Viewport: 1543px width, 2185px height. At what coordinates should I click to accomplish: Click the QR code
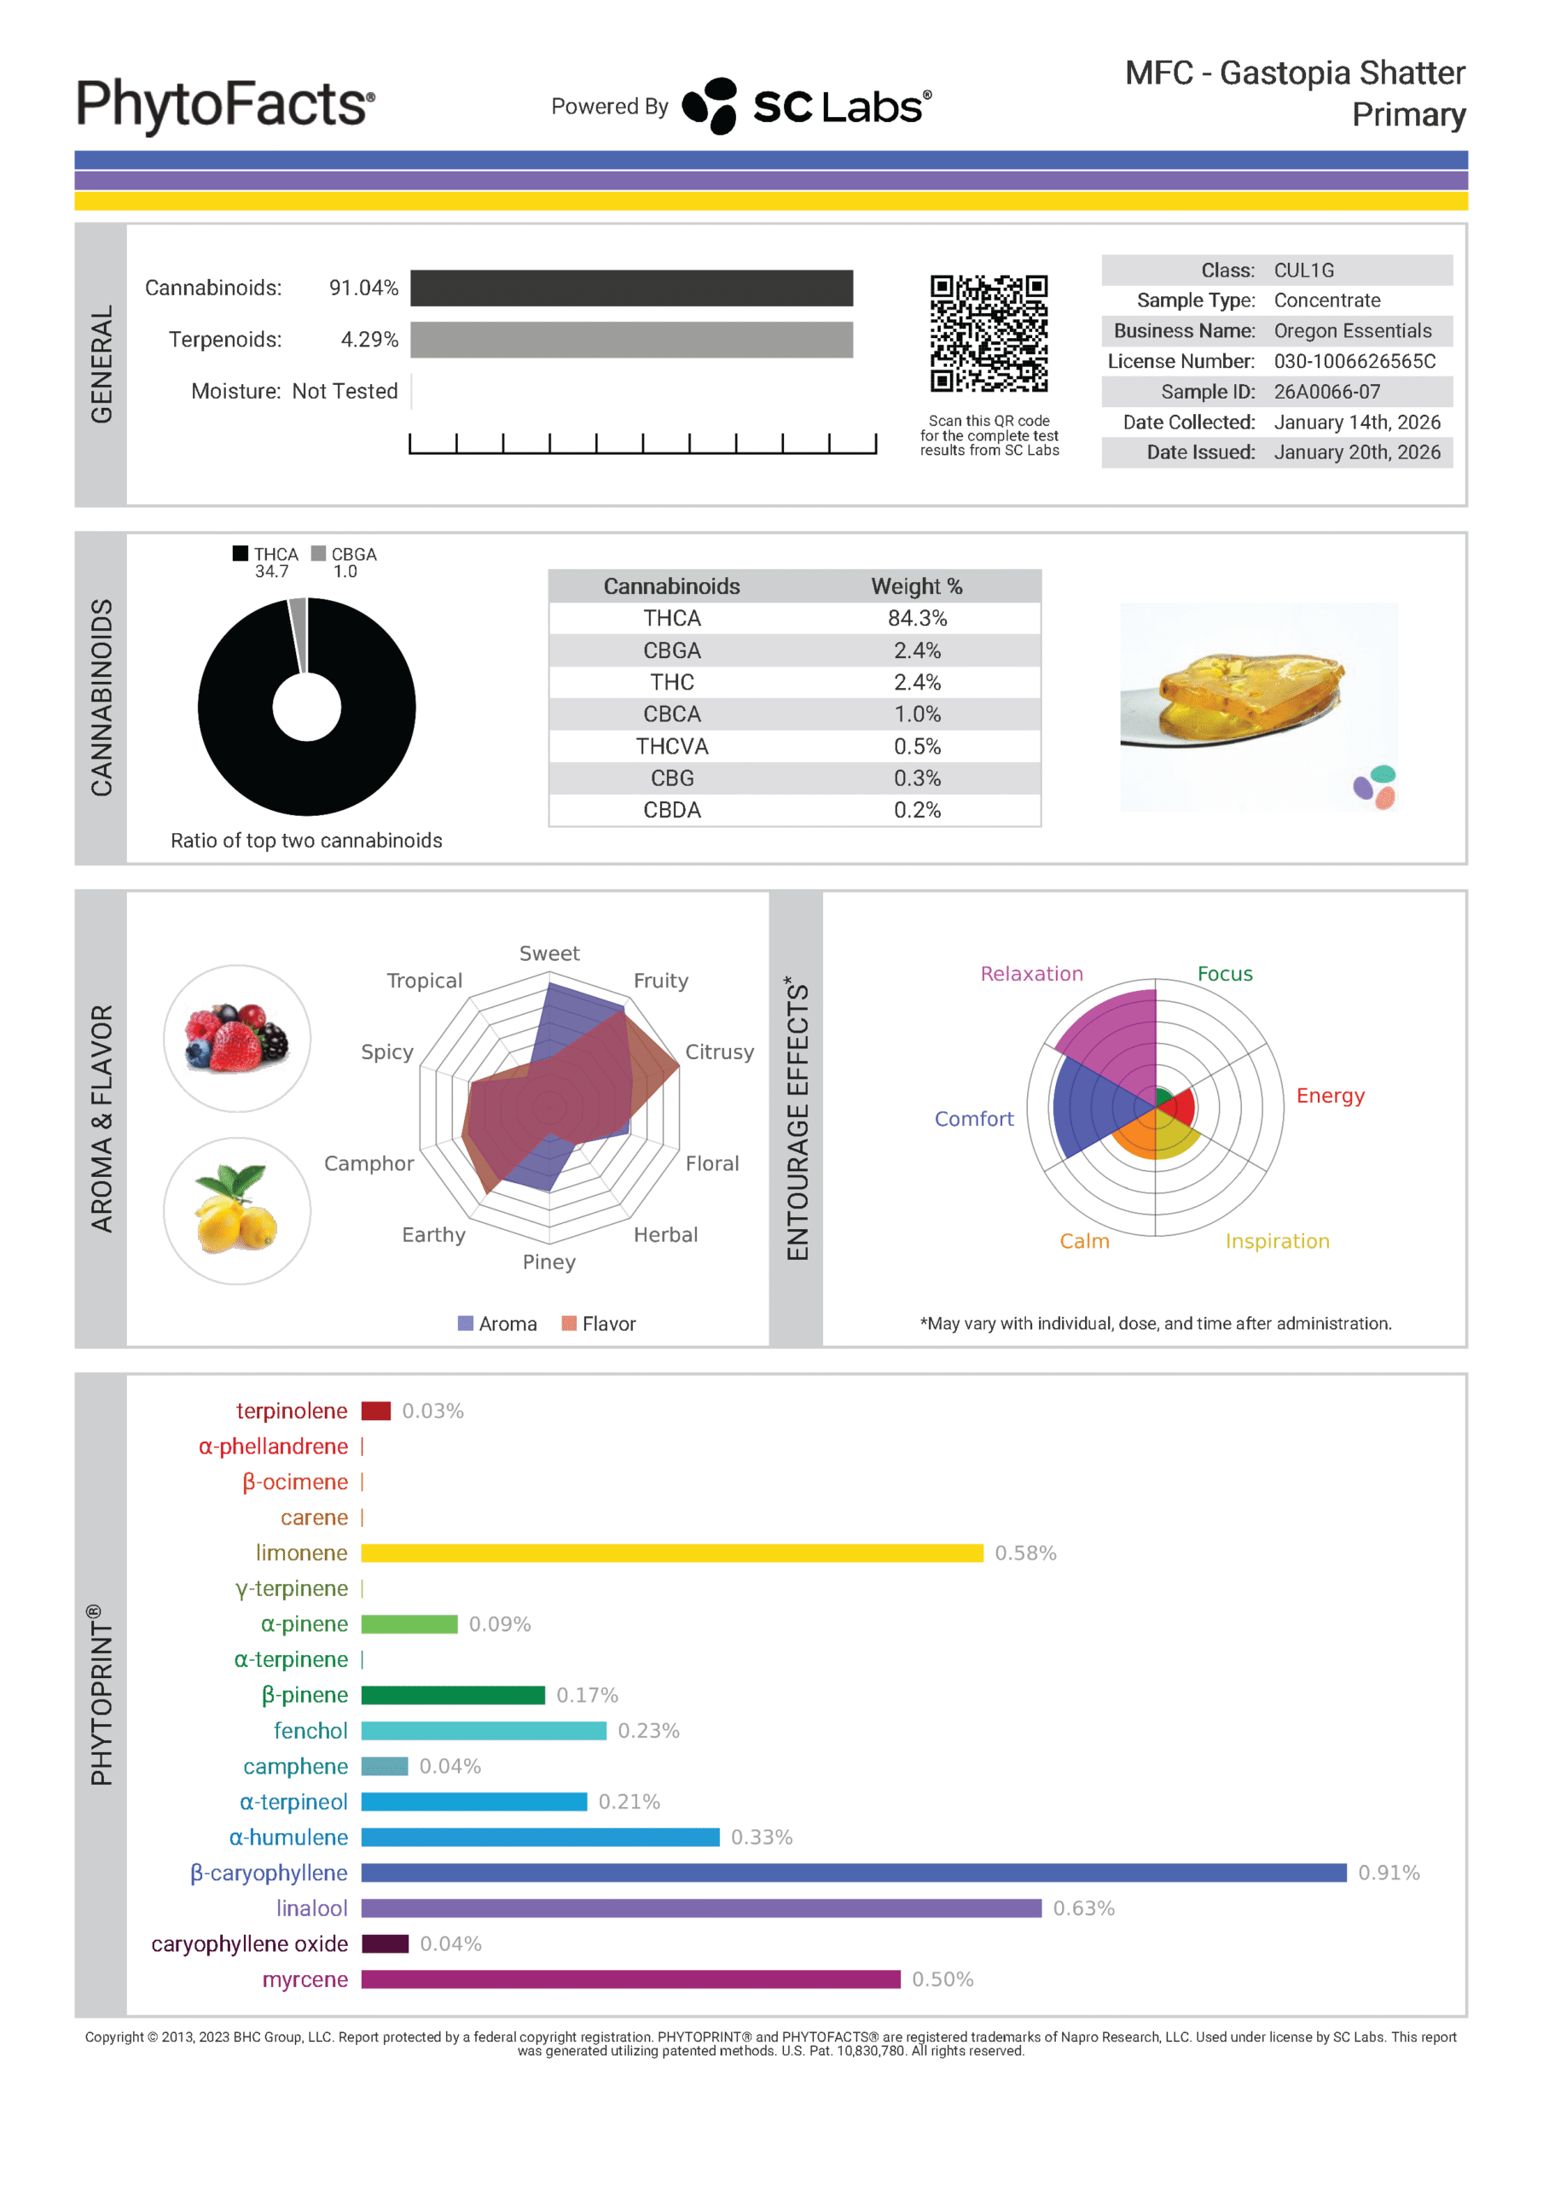[989, 333]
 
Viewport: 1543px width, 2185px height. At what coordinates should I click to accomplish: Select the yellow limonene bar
[671, 1553]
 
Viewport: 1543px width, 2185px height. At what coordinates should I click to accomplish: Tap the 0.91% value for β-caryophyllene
[1388, 1873]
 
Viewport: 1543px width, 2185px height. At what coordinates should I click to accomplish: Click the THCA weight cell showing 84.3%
[917, 619]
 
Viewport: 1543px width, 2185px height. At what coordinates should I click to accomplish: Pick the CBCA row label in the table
[671, 714]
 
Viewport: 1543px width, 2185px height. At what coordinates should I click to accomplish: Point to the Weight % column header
[917, 586]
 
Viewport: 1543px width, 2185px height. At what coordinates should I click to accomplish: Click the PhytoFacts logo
[225, 105]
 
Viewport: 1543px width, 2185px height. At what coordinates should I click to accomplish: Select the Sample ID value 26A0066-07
[1326, 392]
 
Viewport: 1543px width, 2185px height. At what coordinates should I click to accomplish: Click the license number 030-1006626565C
[1354, 362]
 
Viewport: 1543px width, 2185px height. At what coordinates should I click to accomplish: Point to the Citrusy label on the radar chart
[719, 1052]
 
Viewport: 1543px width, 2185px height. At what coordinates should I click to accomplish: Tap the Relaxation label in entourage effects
[1031, 974]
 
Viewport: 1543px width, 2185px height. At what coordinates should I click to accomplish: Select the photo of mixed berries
[237, 1038]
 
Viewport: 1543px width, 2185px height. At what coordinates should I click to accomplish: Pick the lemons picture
[237, 1210]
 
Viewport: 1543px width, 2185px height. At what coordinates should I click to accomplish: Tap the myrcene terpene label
[305, 1979]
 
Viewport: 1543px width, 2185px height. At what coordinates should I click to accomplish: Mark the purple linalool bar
[700, 1908]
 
